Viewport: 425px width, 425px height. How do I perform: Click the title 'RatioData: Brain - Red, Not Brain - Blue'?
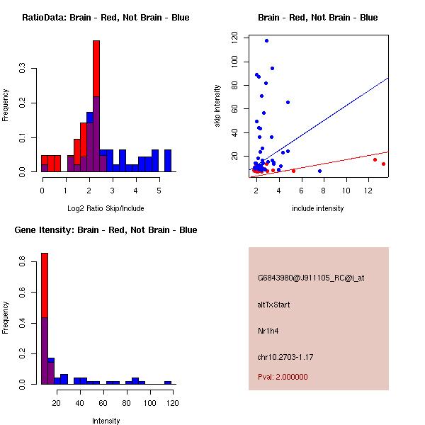pos(106,17)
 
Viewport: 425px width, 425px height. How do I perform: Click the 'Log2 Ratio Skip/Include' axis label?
pos(105,208)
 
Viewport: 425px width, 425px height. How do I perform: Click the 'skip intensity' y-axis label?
pos(217,106)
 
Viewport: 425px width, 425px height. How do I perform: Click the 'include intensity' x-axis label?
pos(318,208)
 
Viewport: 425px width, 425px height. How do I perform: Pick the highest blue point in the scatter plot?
pos(266,40)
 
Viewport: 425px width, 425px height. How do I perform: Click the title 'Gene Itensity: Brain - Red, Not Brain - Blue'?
pos(106,229)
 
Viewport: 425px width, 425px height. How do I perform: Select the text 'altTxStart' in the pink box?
pos(274,305)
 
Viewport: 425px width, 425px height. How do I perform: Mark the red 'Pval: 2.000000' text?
pos(283,377)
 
